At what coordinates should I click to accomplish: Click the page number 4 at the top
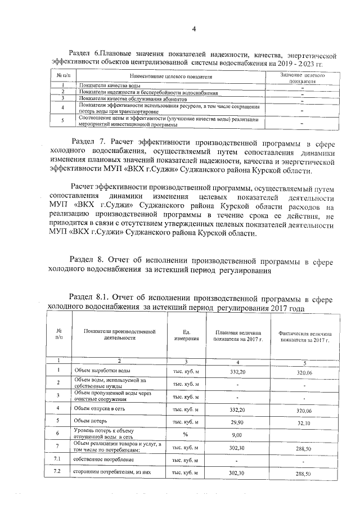point(193,29)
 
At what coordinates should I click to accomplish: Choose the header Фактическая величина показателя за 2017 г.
point(304,336)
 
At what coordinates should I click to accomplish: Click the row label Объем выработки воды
point(103,371)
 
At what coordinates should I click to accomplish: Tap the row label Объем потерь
point(90,421)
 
